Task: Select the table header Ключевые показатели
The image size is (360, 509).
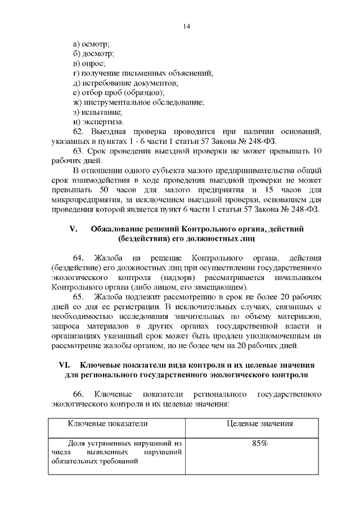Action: click(x=108, y=424)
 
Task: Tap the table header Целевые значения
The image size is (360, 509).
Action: click(x=259, y=424)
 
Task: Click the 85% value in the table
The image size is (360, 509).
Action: click(x=259, y=443)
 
